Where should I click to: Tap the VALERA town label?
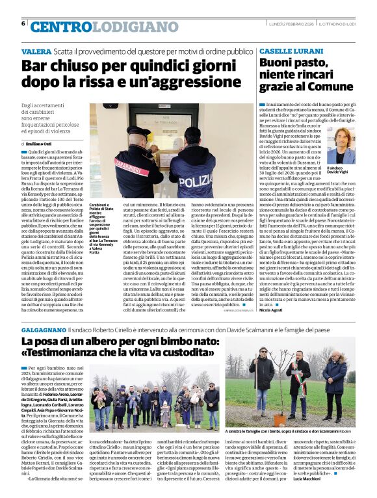[36, 51]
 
